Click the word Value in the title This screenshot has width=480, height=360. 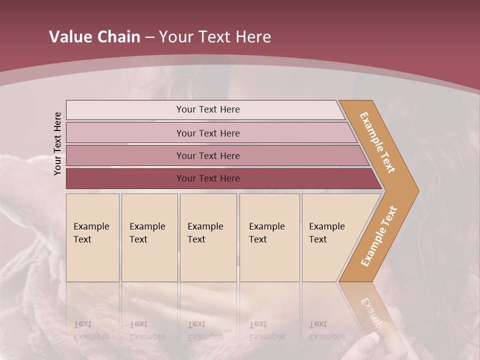[69, 37]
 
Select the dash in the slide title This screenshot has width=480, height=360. [149, 37]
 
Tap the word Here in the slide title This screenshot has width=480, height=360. [253, 37]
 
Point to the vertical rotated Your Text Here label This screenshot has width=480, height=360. [57, 144]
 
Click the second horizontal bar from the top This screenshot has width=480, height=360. [208, 133]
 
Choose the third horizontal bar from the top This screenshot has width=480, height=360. [208, 155]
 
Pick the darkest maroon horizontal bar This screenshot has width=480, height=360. [208, 178]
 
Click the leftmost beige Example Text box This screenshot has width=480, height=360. [92, 237]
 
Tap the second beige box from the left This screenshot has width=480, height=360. [149, 237]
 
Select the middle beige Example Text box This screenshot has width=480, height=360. [208, 237]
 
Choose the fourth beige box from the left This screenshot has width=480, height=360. [269, 237]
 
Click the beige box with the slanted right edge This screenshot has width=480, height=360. [330, 237]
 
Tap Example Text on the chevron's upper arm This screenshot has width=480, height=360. [377, 142]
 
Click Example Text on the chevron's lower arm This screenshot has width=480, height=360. [379, 236]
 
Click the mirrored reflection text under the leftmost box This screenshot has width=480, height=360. [91, 330]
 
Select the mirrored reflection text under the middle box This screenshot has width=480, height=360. [205, 330]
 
